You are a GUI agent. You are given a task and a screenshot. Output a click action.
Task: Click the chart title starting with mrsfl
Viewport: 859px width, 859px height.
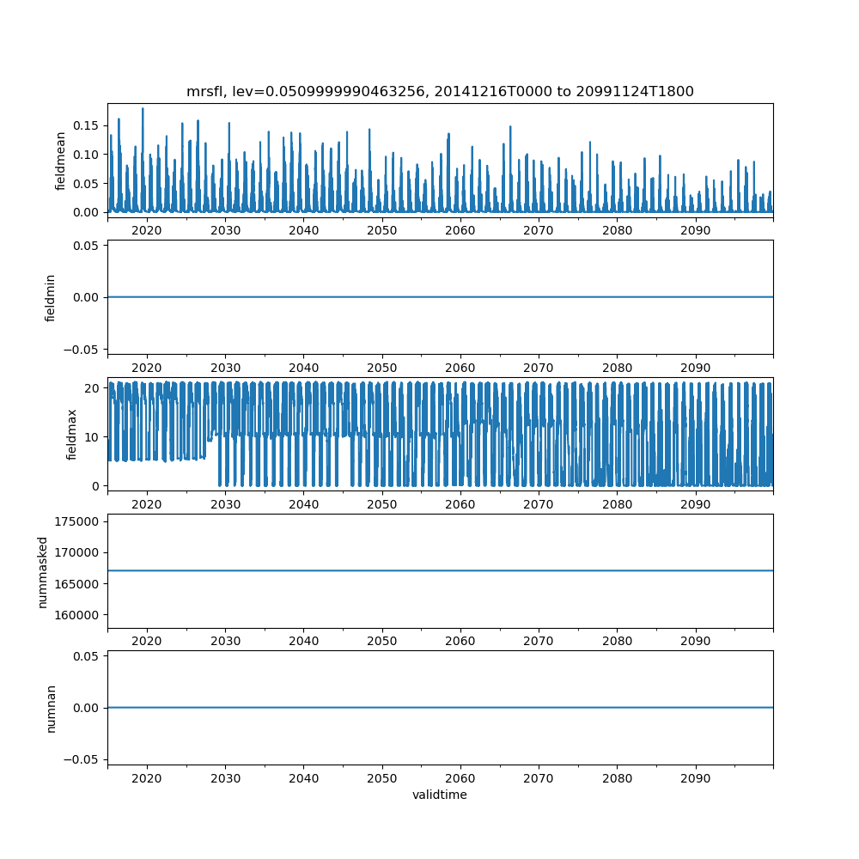[440, 91]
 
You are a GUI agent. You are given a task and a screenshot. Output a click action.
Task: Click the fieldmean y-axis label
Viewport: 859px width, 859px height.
[60, 161]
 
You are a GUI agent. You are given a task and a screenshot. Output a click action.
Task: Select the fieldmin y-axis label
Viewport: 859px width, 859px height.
[51, 297]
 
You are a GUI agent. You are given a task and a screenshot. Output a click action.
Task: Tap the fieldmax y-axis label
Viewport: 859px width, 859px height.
[72, 434]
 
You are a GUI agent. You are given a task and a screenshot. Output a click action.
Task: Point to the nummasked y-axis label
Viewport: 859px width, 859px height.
[42, 570]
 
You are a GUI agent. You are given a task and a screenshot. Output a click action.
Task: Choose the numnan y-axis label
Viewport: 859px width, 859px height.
[51, 708]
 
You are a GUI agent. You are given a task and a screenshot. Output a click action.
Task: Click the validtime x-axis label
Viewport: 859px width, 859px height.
[440, 795]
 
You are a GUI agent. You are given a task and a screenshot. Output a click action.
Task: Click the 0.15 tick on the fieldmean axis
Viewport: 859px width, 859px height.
[87, 125]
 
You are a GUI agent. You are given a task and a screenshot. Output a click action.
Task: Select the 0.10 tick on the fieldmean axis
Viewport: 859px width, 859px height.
[87, 155]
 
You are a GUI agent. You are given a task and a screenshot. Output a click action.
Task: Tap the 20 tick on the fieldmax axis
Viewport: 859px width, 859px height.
[94, 388]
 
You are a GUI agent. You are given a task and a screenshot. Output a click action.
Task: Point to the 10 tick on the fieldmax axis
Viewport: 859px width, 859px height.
[94, 437]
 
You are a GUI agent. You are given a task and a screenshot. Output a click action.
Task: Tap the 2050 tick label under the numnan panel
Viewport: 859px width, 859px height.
[382, 777]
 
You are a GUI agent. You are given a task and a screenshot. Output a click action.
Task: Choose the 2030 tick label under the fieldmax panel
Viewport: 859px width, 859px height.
[225, 504]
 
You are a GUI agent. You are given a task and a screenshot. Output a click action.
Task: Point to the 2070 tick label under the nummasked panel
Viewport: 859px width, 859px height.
[539, 641]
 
